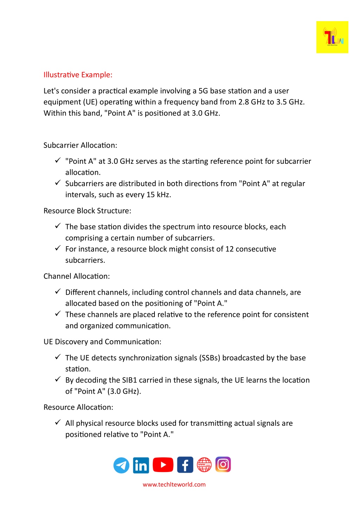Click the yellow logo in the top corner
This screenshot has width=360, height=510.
click(332, 37)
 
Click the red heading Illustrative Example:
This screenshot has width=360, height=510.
click(78, 75)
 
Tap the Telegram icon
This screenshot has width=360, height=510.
click(121, 465)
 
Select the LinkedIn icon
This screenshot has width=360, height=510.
click(141, 465)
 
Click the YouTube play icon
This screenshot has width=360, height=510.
click(163, 465)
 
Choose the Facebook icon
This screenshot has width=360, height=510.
click(185, 465)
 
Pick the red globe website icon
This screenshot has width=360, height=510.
click(204, 465)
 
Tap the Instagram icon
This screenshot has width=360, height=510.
click(223, 465)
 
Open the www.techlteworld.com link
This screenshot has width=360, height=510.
click(174, 485)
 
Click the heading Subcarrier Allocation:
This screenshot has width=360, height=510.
click(80, 145)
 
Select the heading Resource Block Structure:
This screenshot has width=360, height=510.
click(87, 211)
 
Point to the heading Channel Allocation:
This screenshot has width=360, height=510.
click(77, 276)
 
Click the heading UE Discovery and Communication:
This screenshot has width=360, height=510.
click(102, 342)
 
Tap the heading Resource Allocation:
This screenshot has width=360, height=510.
click(78, 407)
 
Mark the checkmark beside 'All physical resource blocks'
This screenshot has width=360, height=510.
click(58, 422)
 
